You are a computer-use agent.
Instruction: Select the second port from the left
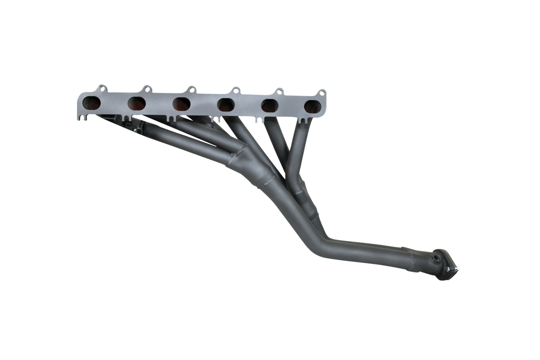137,103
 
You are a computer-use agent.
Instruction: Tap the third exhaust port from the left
181,104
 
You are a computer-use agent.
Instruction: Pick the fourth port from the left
226,105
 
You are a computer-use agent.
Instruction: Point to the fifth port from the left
270,106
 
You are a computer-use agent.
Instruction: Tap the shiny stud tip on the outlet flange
459,269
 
